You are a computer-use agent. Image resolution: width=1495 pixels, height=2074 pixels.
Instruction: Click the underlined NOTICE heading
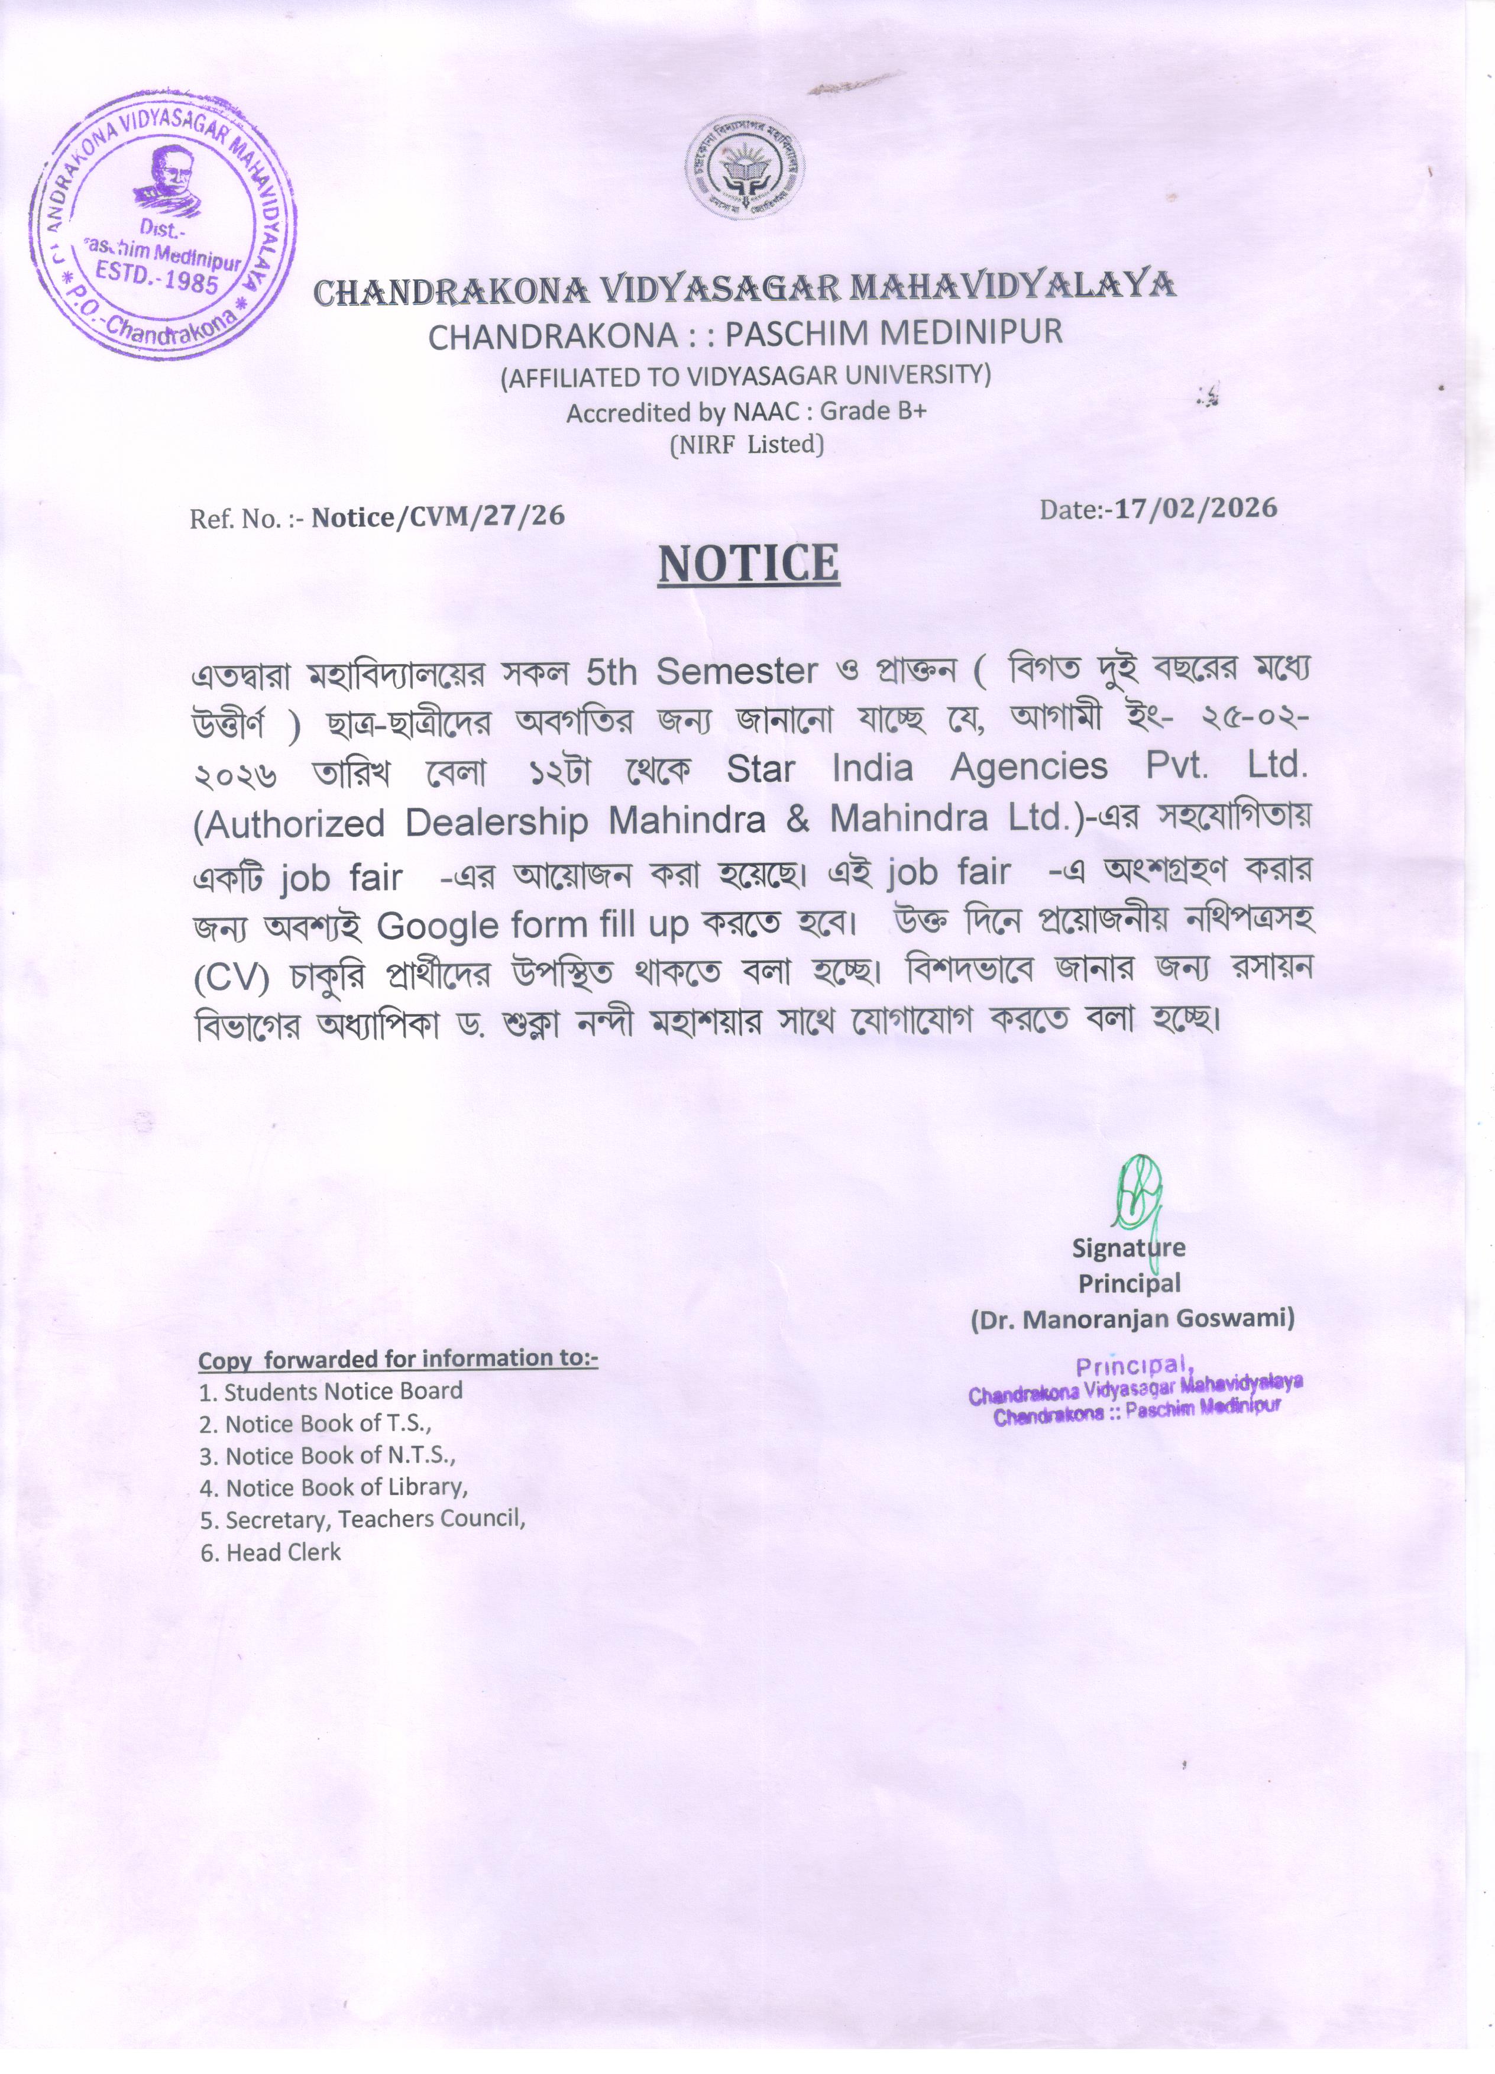pyautogui.click(x=748, y=564)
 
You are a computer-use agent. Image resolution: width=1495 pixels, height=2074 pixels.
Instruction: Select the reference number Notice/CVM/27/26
pyautogui.click(x=437, y=517)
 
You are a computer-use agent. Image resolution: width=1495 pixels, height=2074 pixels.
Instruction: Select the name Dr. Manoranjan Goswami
pyautogui.click(x=1132, y=1318)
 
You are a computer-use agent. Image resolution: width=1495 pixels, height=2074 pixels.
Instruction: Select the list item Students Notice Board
pyautogui.click(x=343, y=1391)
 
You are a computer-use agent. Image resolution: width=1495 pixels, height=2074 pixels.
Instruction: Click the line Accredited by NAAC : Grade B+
pyautogui.click(x=746, y=412)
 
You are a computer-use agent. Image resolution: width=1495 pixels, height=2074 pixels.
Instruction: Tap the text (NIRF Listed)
pyautogui.click(x=747, y=445)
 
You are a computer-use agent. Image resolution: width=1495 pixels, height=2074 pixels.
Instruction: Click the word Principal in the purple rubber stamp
pyautogui.click(x=1135, y=1366)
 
